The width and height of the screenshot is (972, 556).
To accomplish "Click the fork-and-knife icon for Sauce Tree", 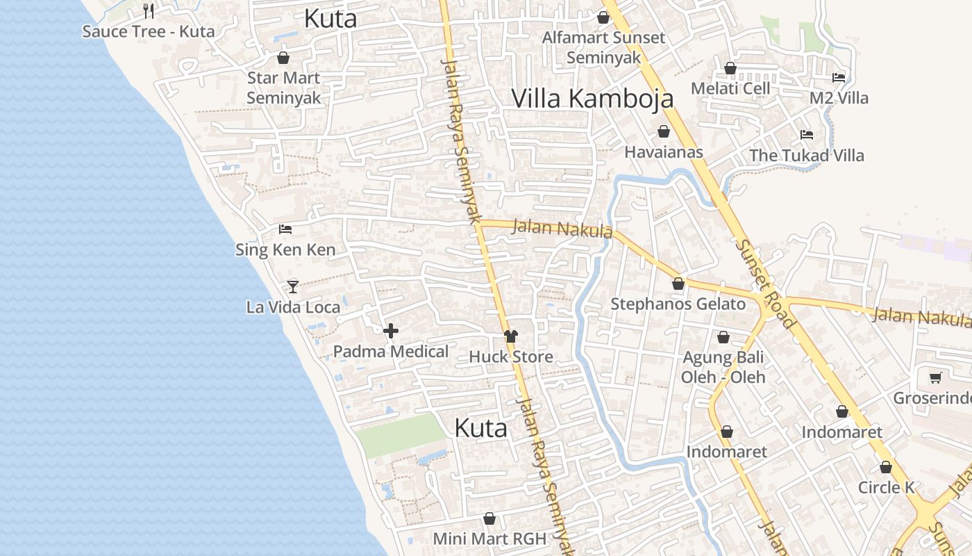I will point(148,10).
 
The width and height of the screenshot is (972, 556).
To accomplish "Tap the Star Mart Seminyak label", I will point(284,88).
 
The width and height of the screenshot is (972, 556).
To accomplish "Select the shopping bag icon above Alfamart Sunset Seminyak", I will point(603,17).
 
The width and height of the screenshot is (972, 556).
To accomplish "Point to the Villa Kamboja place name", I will point(592,99).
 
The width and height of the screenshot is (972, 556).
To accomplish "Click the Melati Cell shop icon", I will point(730,68).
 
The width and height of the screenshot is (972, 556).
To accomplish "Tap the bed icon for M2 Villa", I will point(839,78).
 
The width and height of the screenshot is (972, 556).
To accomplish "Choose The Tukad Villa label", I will point(806,155).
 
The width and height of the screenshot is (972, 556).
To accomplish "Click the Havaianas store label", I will point(664,152).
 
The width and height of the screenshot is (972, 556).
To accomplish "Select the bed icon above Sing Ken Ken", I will point(285,229).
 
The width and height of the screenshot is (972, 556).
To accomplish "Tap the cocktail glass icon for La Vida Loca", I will point(293,286).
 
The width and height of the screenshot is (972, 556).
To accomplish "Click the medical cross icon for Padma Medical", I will point(391,331).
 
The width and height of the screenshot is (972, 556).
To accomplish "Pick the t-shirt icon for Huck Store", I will point(511,336).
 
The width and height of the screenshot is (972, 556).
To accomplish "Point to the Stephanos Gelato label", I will point(678,304).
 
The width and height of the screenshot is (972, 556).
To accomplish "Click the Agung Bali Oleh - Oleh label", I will point(723,367).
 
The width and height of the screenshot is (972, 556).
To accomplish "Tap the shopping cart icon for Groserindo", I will point(935,377).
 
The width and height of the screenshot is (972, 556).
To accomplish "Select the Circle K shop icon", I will point(886,467).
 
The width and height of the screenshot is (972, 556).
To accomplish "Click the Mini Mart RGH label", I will point(489,538).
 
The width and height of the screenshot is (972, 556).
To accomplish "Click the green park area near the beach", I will point(399,436).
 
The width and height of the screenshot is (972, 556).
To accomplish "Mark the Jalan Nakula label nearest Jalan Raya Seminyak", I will point(562,228).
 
